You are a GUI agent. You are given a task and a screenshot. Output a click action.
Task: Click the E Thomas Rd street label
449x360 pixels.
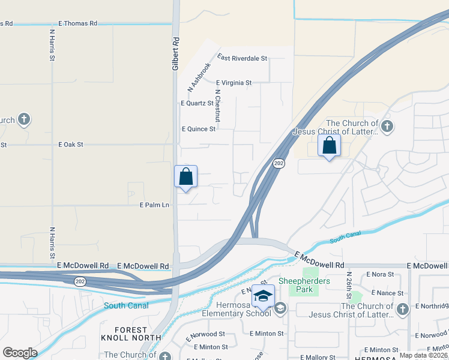(x=77, y=23)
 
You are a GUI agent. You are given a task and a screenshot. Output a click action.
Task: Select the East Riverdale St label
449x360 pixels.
(x=242, y=58)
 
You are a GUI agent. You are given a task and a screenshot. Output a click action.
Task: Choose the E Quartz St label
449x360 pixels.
(x=197, y=103)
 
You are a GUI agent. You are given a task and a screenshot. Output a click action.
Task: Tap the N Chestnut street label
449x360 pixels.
(x=218, y=106)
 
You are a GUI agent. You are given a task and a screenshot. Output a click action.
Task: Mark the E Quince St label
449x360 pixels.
(x=198, y=129)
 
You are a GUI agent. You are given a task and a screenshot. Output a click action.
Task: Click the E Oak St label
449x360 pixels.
(x=71, y=145)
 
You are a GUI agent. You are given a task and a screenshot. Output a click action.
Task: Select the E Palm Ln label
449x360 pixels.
(x=155, y=205)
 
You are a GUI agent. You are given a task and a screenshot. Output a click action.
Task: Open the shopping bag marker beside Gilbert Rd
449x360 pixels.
(x=185, y=177)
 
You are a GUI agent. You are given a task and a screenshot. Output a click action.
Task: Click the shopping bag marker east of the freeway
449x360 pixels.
(x=329, y=146)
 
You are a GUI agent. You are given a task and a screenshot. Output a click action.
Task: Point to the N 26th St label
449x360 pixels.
(x=348, y=285)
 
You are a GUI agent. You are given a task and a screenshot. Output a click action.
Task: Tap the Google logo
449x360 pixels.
(x=20, y=353)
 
